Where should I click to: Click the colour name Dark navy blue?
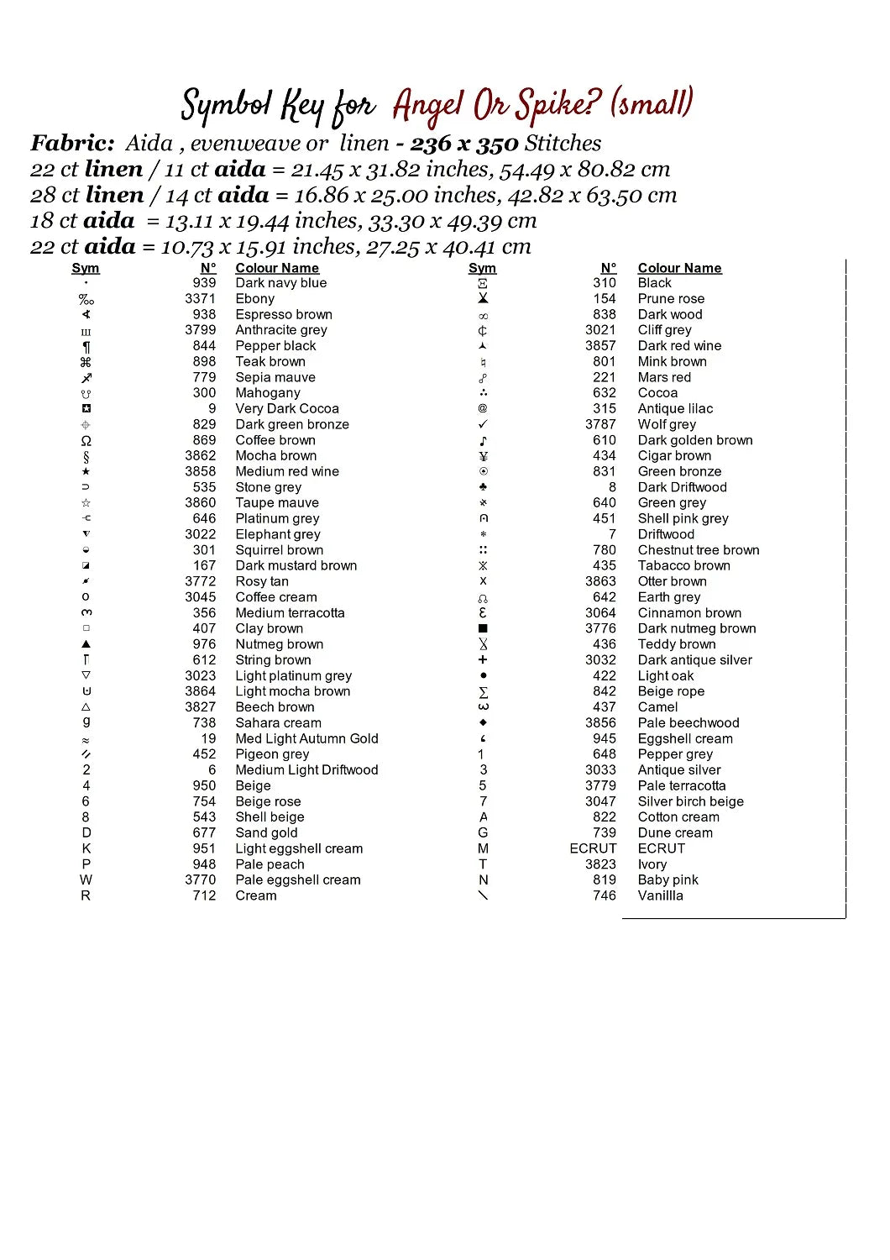pyautogui.click(x=280, y=283)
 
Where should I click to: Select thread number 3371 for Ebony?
pyautogui.click(x=200, y=299)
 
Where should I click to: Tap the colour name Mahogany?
pyautogui.click(x=267, y=393)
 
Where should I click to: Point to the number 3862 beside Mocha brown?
pyautogui.click(x=200, y=456)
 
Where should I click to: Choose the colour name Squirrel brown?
pyautogui.click(x=279, y=550)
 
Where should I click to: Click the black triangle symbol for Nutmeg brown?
pyautogui.click(x=86, y=644)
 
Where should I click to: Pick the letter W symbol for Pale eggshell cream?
pyautogui.click(x=86, y=880)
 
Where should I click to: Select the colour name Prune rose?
pyautogui.click(x=671, y=299)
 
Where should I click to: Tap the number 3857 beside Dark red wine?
pyautogui.click(x=600, y=346)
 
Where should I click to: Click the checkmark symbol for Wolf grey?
pyautogui.click(x=483, y=424)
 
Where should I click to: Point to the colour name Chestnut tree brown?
pyautogui.click(x=699, y=550)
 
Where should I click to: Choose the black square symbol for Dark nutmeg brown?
pyautogui.click(x=483, y=628)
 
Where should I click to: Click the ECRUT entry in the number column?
pyautogui.click(x=593, y=848)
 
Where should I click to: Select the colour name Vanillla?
pyautogui.click(x=660, y=896)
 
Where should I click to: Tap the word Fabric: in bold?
pyautogui.click(x=72, y=144)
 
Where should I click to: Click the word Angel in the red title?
pyautogui.click(x=428, y=106)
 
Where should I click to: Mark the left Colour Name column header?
pyautogui.click(x=277, y=268)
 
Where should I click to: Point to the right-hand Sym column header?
pyautogui.click(x=482, y=268)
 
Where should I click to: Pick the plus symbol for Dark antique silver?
pyautogui.click(x=483, y=660)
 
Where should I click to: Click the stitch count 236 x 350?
pyautogui.click(x=463, y=144)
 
